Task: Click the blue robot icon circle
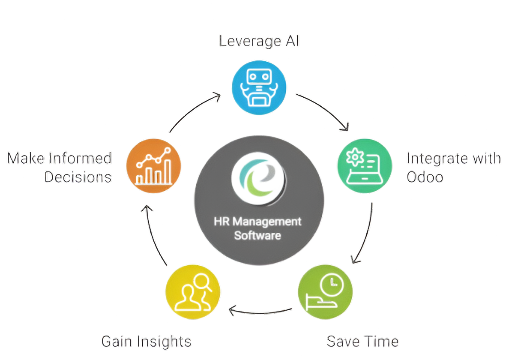[259, 87]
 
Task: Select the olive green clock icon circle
[325, 292]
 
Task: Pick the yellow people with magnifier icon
[193, 292]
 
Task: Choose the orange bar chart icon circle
[153, 165]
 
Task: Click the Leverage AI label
[259, 41]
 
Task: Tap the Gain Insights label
[146, 342]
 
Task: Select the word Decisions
[78, 177]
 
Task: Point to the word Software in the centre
[258, 235]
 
